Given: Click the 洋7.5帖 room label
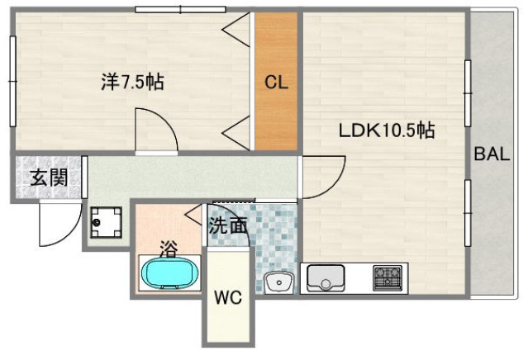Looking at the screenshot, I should pyautogui.click(x=132, y=82).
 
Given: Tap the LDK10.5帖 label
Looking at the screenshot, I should pyautogui.click(x=386, y=130).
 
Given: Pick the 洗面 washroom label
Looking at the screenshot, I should pyautogui.click(x=227, y=225).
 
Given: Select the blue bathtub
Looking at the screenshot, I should pyautogui.click(x=169, y=272).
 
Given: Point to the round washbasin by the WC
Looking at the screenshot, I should pyautogui.click(x=278, y=283).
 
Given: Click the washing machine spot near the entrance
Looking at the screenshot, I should pyautogui.click(x=106, y=220).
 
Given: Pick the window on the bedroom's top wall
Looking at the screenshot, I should pyautogui.click(x=180, y=10).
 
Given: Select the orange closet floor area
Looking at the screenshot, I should pyautogui.click(x=275, y=116).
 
